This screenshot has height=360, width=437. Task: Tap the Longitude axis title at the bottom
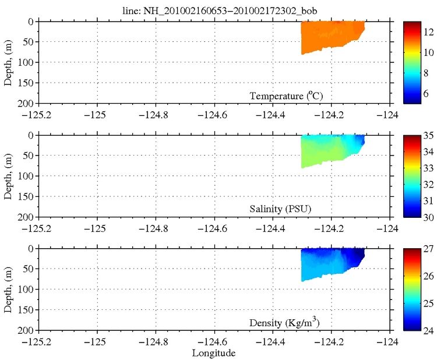[214, 353]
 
